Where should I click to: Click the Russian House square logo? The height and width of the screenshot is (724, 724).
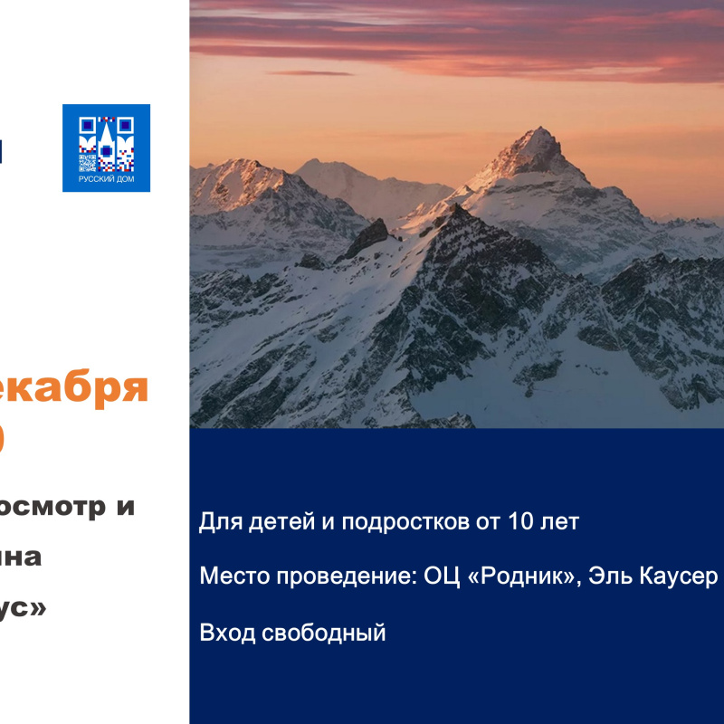click(106, 148)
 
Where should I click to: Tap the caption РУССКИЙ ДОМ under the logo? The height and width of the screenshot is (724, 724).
click(106, 180)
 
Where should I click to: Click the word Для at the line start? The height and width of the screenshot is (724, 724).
click(216, 522)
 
